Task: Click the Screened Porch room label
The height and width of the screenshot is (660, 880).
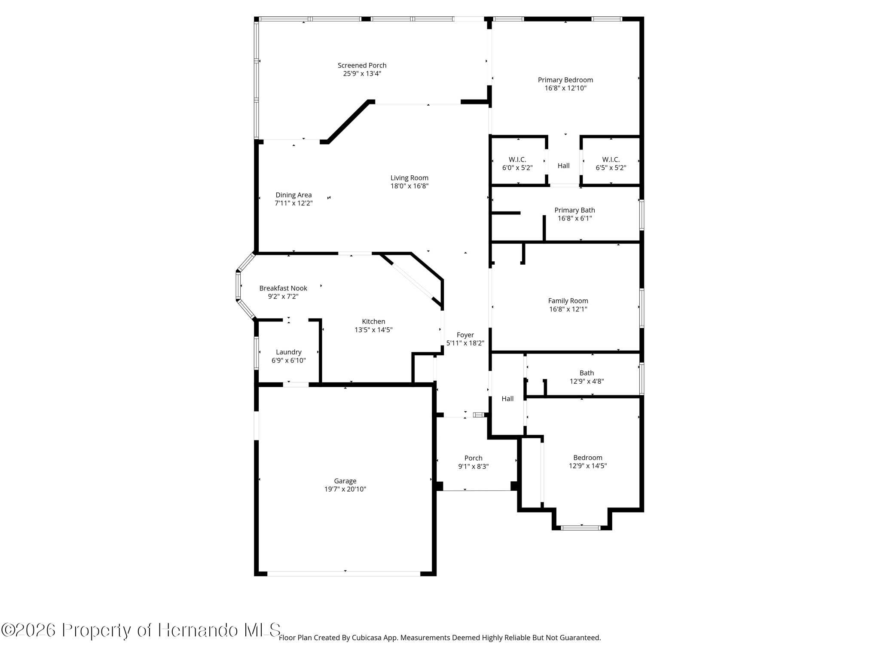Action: tap(362, 65)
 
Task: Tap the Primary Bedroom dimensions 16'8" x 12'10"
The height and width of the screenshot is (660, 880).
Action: tap(565, 88)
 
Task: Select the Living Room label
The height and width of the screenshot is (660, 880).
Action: tap(409, 178)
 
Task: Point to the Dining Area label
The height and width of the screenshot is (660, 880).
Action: tap(293, 195)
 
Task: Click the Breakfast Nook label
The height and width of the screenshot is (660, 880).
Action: tap(283, 288)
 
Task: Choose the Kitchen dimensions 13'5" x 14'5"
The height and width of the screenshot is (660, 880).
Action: tap(373, 330)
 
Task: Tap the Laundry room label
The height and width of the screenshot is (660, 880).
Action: tap(289, 352)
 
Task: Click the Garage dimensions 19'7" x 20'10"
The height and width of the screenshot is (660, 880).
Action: tap(345, 489)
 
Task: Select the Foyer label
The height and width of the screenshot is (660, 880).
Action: tap(465, 335)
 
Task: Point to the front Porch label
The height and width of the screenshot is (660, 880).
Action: tap(474, 458)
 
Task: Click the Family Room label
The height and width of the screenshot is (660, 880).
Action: tap(568, 301)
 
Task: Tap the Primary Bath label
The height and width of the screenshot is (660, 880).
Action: tap(574, 210)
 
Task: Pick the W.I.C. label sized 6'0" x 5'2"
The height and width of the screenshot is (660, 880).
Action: tap(517, 160)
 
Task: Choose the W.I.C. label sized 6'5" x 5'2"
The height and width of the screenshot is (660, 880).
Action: tap(611, 160)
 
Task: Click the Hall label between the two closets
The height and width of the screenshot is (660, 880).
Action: tap(564, 166)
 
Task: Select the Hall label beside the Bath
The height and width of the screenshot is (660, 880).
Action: tap(507, 399)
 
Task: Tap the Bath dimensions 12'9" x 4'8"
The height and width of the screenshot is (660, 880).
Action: tap(587, 381)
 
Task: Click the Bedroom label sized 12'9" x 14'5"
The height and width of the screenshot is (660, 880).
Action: tap(588, 458)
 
